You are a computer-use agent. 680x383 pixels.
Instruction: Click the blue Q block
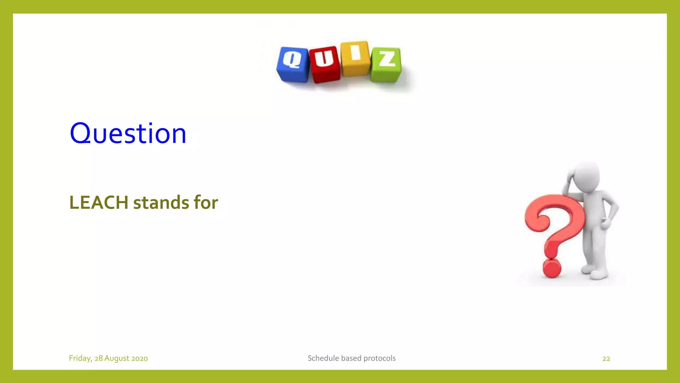tap(293, 64)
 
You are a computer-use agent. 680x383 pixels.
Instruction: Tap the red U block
tap(325, 64)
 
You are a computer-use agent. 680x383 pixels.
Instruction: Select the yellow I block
tap(355, 59)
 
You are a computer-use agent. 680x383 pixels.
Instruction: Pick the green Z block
tap(386, 64)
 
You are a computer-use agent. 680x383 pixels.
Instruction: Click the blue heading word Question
tap(128, 134)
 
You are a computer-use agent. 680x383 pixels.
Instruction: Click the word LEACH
tap(99, 202)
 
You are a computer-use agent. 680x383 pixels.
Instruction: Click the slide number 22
tap(606, 358)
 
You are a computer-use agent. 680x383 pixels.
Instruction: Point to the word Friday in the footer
tap(80, 358)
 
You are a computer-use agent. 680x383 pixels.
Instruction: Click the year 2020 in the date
tap(139, 358)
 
